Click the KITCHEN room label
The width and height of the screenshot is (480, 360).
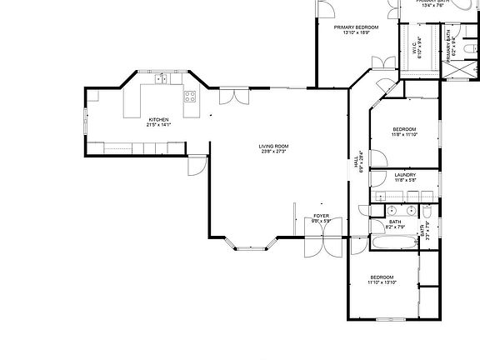click(x=158, y=119)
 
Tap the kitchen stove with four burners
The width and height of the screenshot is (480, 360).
click(x=190, y=95)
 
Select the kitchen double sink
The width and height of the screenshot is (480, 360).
click(x=161, y=79)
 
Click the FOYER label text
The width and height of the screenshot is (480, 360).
click(x=322, y=216)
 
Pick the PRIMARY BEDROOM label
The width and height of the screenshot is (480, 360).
click(x=356, y=27)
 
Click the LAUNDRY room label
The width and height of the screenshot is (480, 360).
click(x=405, y=174)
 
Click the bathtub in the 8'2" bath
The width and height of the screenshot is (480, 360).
click(x=390, y=244)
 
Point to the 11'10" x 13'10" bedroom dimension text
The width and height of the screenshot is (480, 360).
click(x=382, y=282)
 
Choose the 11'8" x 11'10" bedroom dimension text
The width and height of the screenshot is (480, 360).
click(x=405, y=135)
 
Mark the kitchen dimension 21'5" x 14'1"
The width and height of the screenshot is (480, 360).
click(x=158, y=125)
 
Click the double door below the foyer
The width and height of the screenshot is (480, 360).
click(x=323, y=247)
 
